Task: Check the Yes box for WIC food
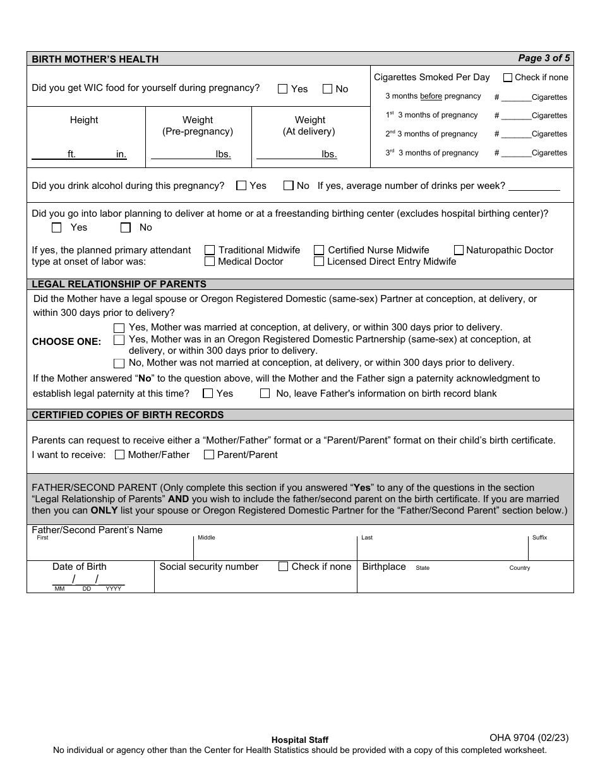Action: pyautogui.click(x=283, y=89)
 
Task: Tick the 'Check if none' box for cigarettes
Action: pyautogui.click(x=508, y=78)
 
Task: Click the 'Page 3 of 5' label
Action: pyautogui.click(x=544, y=58)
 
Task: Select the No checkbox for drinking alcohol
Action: pyautogui.click(x=289, y=186)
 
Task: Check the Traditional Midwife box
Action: pyautogui.click(x=210, y=250)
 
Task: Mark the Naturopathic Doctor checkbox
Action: pyautogui.click(x=459, y=250)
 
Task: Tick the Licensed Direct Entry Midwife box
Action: pyautogui.click(x=319, y=262)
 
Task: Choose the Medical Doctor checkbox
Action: pyautogui.click(x=210, y=262)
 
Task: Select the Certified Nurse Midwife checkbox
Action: pyautogui.click(x=319, y=250)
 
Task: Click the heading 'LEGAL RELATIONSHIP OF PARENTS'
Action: pyautogui.click(x=119, y=284)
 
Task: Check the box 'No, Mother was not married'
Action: pyautogui.click(x=119, y=363)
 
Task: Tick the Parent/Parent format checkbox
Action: pyautogui.click(x=209, y=455)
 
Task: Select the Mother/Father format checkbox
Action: pyautogui.click(x=120, y=455)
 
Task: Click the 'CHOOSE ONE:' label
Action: pyautogui.click(x=66, y=342)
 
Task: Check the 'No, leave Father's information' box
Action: pyautogui.click(x=265, y=394)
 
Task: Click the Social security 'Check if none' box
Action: pyautogui.click(x=284, y=567)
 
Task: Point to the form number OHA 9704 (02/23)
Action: pyautogui.click(x=529, y=737)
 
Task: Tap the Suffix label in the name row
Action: pyautogui.click(x=539, y=538)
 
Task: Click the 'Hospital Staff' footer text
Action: pyautogui.click(x=299, y=740)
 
